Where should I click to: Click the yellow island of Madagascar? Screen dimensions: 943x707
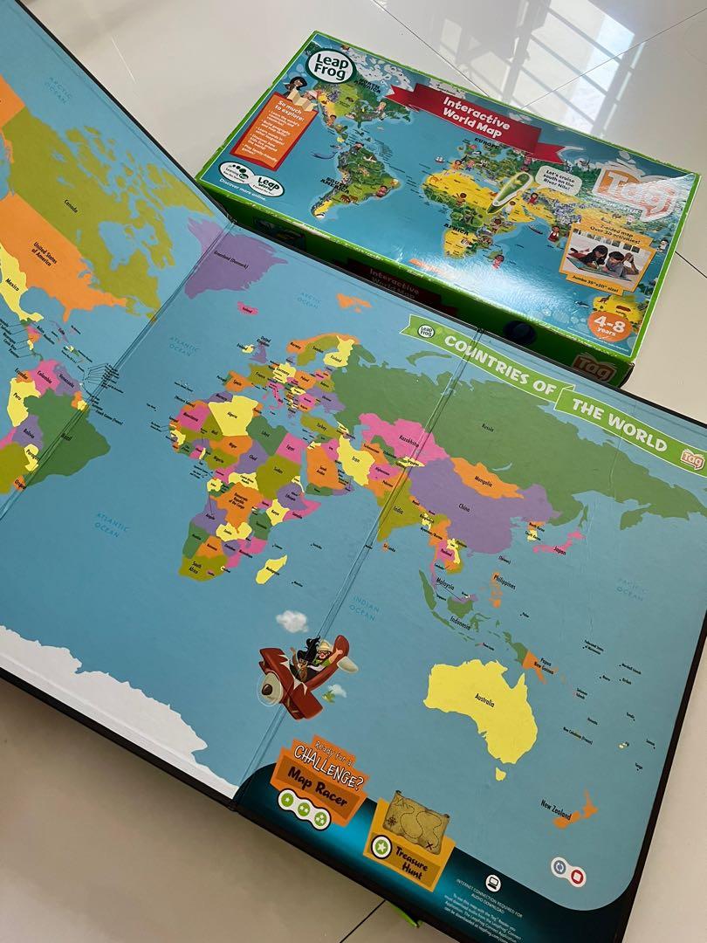click(x=271, y=567)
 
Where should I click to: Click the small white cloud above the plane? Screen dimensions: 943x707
click(x=292, y=620)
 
